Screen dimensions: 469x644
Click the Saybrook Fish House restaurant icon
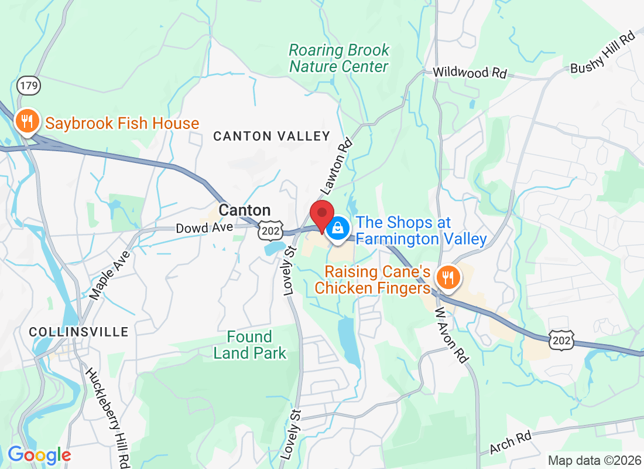[x=27, y=121]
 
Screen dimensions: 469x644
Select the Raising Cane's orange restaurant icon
[x=448, y=277]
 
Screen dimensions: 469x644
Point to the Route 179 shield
[x=28, y=86]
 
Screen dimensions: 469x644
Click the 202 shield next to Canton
[x=270, y=230]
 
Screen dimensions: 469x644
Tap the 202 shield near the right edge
[x=561, y=339]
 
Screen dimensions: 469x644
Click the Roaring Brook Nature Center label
[x=339, y=58]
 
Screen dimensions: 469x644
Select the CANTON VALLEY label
[x=272, y=136]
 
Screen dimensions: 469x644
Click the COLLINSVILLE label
[x=78, y=332]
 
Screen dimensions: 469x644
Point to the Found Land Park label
[x=250, y=345]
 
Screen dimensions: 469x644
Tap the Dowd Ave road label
[x=204, y=227]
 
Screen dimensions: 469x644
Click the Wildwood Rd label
[x=470, y=73]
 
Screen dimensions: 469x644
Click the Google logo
[x=39, y=455]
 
